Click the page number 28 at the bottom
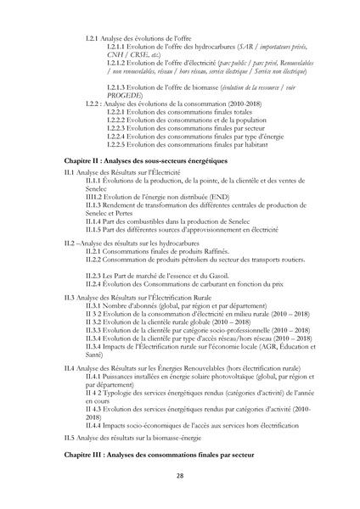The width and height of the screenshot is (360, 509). point(180,475)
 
